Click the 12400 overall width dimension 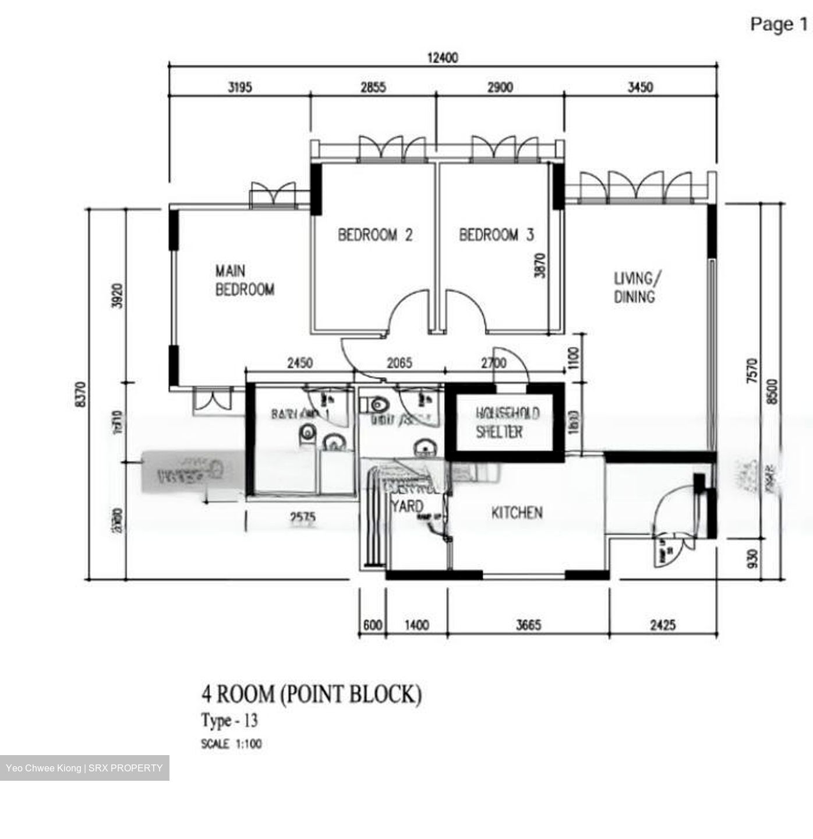443,58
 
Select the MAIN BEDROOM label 245,280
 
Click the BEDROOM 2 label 375,235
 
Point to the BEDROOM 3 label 496,235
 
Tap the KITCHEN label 517,513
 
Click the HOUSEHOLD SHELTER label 507,422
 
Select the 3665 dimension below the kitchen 528,625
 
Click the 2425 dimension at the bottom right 663,625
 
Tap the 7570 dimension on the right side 752,371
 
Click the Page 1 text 779,24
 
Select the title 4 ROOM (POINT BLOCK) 311,694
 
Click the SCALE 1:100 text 231,743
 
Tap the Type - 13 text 229,721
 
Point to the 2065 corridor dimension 400,363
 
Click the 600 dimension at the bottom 372,625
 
